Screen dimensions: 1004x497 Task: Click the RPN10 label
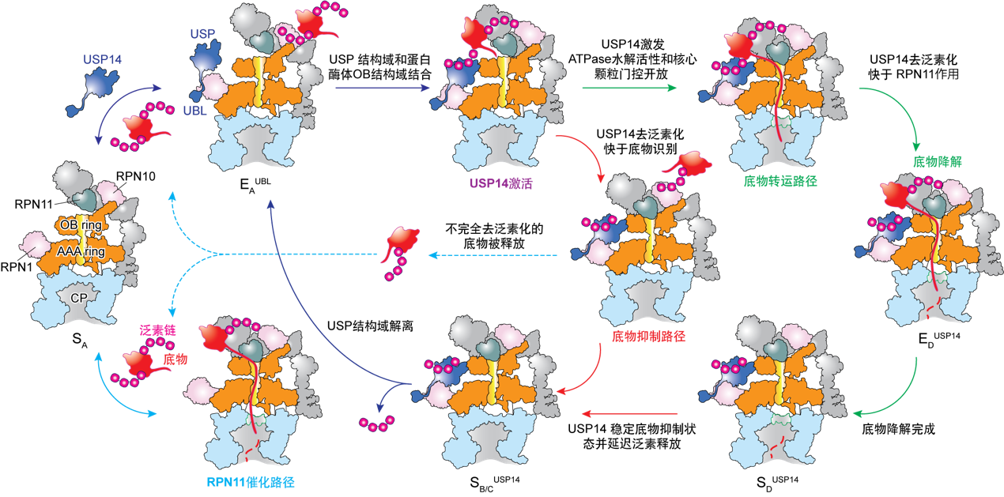[136, 176]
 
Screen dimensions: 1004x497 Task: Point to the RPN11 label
[34, 205]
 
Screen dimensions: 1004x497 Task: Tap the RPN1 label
[17, 267]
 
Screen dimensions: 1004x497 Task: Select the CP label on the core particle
[79, 298]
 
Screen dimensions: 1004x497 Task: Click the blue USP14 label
[102, 59]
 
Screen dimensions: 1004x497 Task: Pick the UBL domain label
[195, 111]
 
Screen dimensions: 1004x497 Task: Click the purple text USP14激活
[500, 183]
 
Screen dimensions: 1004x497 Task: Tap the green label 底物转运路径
[780, 181]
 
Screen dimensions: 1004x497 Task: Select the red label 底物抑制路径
[648, 336]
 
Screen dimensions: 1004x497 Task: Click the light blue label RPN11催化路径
[251, 482]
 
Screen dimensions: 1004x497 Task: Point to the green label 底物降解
[938, 161]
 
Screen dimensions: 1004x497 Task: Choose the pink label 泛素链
[157, 330]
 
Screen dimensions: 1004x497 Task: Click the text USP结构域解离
[370, 326]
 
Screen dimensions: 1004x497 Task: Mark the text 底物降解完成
[898, 429]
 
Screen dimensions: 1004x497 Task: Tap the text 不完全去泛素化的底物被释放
[494, 236]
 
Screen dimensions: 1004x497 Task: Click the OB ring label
[81, 225]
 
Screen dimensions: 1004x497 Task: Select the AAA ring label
[81, 252]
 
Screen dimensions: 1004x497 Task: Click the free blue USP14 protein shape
[94, 91]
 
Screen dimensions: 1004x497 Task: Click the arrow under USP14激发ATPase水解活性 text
[629, 88]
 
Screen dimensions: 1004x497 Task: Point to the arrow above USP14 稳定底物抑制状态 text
[629, 414]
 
